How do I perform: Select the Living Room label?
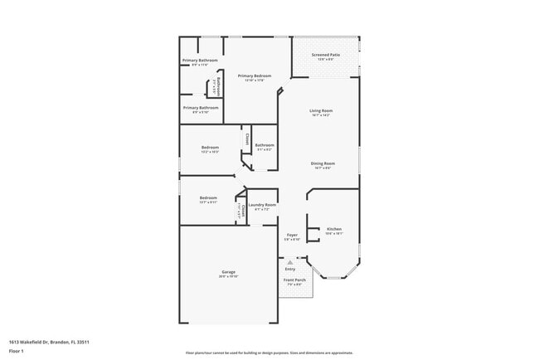coord(321,110)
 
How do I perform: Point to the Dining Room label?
coord(323,163)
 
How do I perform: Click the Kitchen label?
coord(333,229)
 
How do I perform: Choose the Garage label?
coord(228,272)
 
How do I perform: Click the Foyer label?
coord(292,236)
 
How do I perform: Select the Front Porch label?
coord(294,280)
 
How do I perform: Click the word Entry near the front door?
coord(290,269)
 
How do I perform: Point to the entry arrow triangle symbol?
coord(290,261)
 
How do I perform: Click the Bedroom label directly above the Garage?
coord(208,197)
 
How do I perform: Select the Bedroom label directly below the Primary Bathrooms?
coord(209,148)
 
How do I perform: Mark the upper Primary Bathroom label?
coord(200,61)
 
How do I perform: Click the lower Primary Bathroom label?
coord(201,107)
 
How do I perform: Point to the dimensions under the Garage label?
coord(228,276)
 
